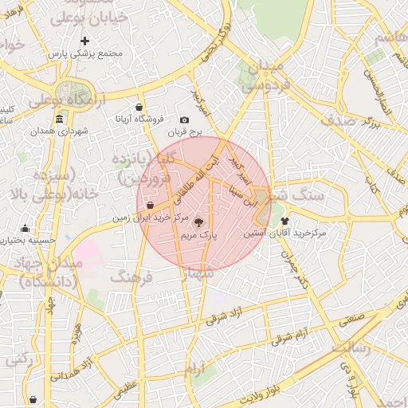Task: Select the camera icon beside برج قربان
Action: click(x=185, y=120)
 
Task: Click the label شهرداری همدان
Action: click(x=71, y=131)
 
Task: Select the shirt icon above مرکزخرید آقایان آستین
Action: click(x=284, y=221)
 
